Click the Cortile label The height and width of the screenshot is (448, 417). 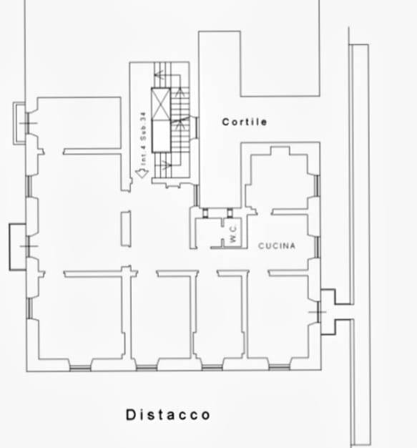(x=245, y=122)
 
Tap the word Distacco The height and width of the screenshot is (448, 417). (x=168, y=414)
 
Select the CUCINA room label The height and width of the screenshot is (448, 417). (x=277, y=245)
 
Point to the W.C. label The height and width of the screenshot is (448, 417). (x=233, y=234)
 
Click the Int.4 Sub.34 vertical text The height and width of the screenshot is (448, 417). (x=143, y=139)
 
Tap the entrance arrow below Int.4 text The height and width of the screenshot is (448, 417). (x=142, y=173)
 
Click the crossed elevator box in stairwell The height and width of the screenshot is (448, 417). (x=161, y=104)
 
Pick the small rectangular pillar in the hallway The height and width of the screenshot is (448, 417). (x=126, y=228)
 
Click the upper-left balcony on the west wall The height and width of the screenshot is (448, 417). (x=19, y=123)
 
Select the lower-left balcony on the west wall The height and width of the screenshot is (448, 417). (x=17, y=247)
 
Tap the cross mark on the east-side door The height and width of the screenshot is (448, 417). (x=318, y=312)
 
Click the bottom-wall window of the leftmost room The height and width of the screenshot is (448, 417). (x=80, y=368)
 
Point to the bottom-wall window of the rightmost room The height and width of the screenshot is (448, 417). (x=280, y=367)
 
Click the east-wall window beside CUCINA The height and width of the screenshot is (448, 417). (x=318, y=247)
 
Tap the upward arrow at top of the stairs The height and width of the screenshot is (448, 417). (x=180, y=92)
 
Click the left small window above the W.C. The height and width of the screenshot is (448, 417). (x=205, y=213)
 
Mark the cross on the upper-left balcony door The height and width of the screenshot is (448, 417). (x=29, y=123)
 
